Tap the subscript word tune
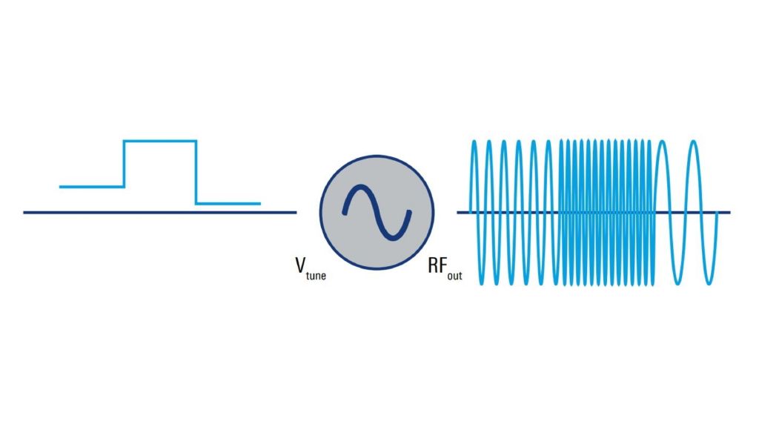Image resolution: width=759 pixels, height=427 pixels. (x=314, y=275)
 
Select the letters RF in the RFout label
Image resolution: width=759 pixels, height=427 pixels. (x=437, y=265)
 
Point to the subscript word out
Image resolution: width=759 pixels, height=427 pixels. (x=454, y=275)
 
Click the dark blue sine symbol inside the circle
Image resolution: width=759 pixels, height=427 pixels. (x=376, y=213)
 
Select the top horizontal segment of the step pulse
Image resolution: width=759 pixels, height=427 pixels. (x=160, y=140)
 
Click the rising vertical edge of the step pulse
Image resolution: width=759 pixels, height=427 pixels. (x=124, y=163)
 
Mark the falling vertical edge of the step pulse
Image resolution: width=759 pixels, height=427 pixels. (x=196, y=171)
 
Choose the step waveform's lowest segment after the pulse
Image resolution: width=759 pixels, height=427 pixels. (x=228, y=203)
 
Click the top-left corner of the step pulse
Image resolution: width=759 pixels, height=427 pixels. (x=124, y=140)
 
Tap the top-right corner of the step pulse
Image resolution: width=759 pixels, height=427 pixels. (x=196, y=140)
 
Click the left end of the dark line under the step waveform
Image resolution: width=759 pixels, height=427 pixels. (x=24, y=213)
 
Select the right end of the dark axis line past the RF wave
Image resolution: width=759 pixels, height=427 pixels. (x=729, y=213)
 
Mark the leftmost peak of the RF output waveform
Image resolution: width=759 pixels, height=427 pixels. (x=474, y=141)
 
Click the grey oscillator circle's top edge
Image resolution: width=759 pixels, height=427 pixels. (x=377, y=157)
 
